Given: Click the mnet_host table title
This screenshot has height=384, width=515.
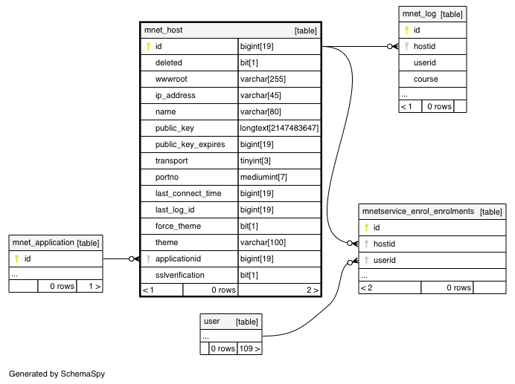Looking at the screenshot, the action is [163, 30].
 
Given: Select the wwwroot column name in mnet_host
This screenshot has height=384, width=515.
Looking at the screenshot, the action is [171, 79].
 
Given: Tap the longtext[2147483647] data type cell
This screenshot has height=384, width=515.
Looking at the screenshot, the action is [279, 128].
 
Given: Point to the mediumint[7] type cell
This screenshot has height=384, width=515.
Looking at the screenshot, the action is [263, 177].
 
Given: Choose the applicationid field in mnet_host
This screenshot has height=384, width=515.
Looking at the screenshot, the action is [178, 258].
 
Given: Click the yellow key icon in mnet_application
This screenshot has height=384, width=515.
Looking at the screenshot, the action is [17, 258].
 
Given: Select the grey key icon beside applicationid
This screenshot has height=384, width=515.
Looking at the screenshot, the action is [148, 258].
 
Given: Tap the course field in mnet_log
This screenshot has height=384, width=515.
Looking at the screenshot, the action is [426, 79].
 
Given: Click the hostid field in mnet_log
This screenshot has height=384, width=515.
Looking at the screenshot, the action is [424, 46].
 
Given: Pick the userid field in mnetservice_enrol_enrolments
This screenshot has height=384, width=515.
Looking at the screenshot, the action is [384, 261].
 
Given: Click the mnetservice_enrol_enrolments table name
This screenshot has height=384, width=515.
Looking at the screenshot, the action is [418, 211].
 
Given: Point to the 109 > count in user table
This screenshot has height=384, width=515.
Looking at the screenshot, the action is [249, 348].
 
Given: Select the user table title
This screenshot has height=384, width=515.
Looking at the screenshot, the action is [211, 322].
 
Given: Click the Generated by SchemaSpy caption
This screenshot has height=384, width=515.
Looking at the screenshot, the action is [57, 374].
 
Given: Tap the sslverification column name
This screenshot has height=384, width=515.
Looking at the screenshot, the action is [179, 275].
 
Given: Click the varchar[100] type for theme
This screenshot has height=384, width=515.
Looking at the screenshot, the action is [263, 242].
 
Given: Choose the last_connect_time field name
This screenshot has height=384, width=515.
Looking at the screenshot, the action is [188, 193].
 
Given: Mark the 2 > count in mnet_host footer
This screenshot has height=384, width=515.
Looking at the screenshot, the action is [313, 290].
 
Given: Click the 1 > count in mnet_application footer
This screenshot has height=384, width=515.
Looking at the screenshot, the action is [95, 286].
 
